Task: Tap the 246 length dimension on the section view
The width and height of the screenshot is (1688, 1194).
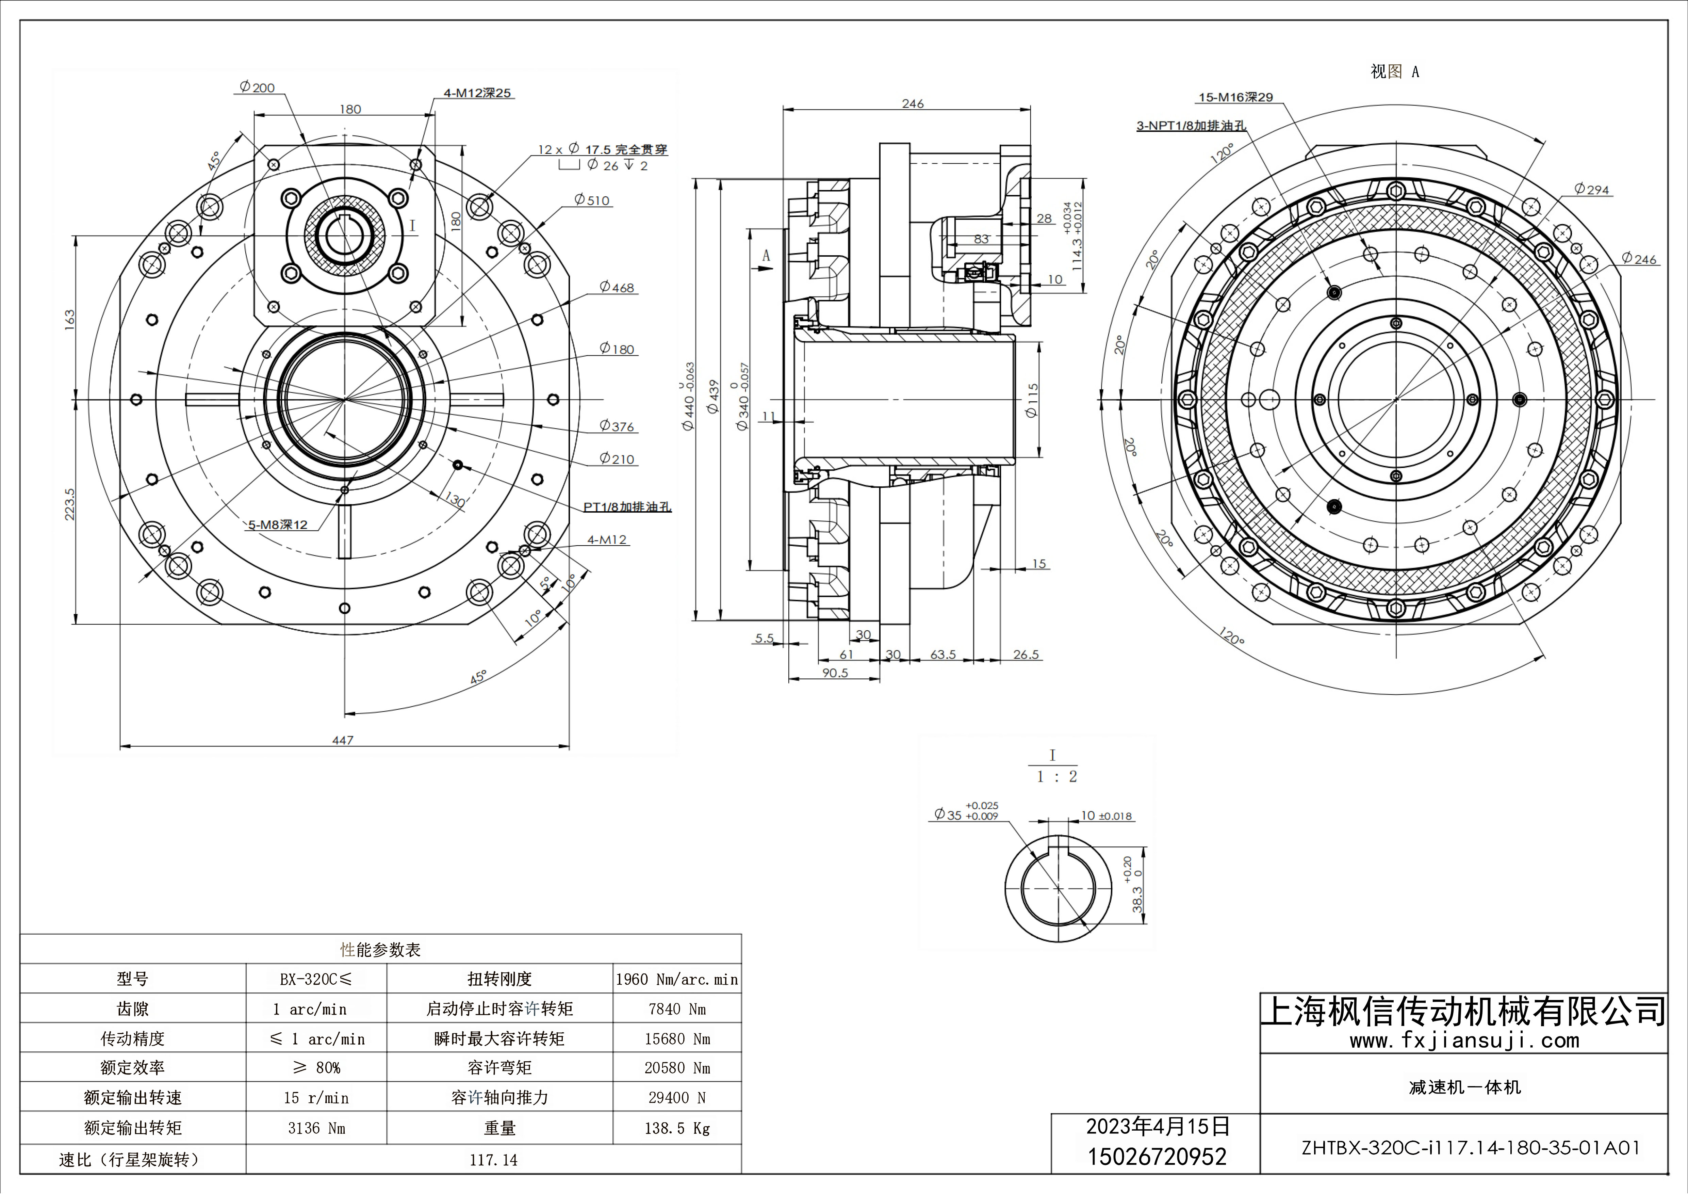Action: point(912,104)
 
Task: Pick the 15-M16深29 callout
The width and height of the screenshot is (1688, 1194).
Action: point(1235,97)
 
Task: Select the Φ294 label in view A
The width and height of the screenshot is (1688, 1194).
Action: point(1592,190)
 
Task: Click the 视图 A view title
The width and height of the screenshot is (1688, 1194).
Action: point(1394,71)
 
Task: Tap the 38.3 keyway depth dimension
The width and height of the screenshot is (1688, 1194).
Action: point(1136,899)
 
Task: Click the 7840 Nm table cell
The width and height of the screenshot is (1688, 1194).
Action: point(676,1009)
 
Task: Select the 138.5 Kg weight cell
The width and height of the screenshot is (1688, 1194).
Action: point(676,1128)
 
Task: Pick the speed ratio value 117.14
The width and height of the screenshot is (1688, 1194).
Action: point(493,1159)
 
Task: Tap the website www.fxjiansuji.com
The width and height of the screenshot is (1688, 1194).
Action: point(1464,1040)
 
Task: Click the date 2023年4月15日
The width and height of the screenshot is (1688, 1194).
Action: point(1157,1126)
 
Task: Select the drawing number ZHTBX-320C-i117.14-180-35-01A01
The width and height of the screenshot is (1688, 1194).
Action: point(1470,1148)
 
